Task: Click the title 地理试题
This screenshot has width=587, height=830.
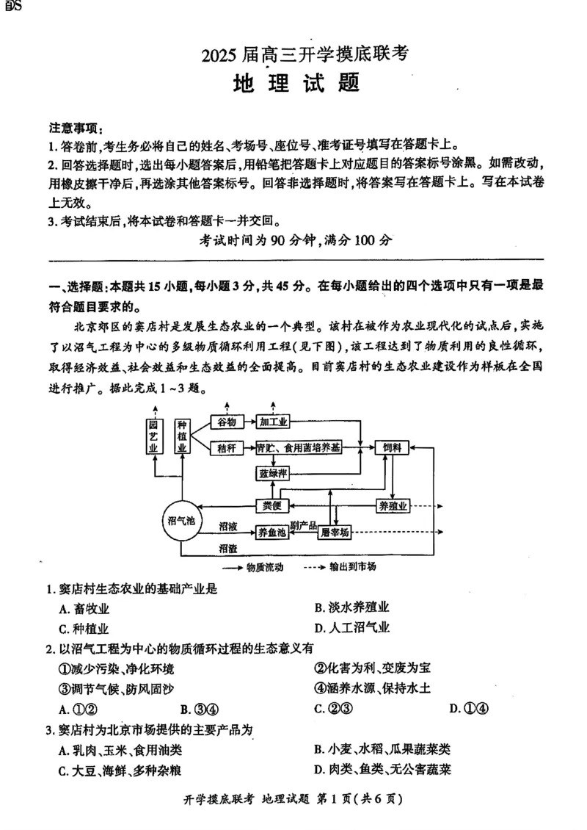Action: tap(296, 83)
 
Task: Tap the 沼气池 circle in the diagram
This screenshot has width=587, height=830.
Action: tap(179, 521)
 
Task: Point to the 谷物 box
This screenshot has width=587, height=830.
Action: tap(226, 422)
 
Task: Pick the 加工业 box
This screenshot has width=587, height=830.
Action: tap(273, 422)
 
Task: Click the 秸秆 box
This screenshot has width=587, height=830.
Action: tap(226, 447)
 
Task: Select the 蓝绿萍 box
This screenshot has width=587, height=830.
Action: tap(272, 473)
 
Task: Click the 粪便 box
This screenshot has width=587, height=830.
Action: tap(272, 505)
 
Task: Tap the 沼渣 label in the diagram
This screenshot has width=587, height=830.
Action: tap(227, 548)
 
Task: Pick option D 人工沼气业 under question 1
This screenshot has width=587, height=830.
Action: tap(351, 628)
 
